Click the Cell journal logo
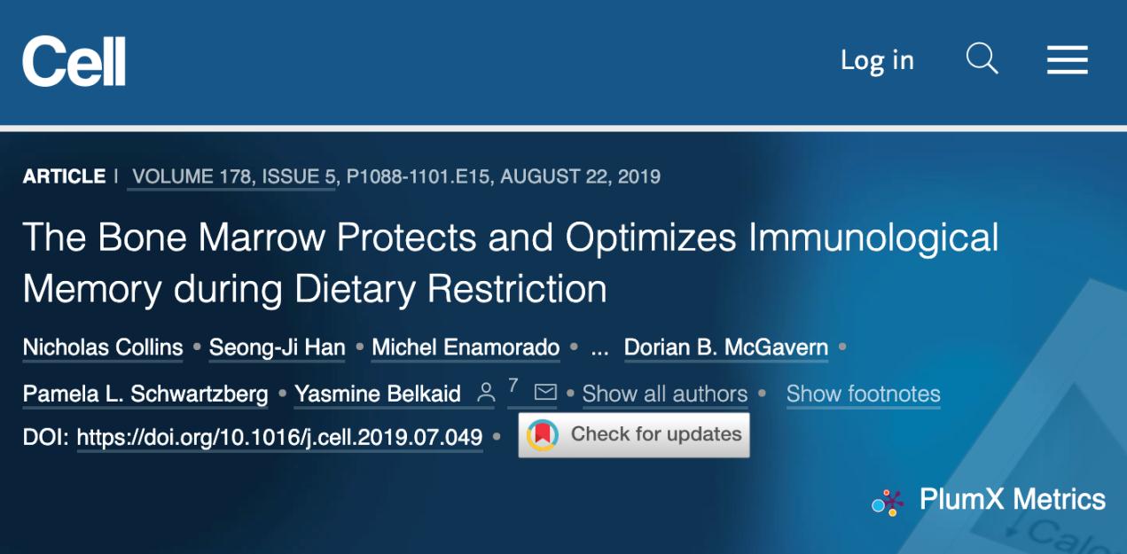coord(74,61)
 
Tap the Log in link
coord(877,61)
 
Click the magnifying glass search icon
coord(982,59)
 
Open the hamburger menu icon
coord(1067,60)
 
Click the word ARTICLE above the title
coord(65,176)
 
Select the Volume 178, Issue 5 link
coord(233,176)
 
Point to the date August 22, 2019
coord(580,176)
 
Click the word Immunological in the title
coord(873,238)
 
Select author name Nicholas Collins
coord(103,347)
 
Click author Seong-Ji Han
coord(278,347)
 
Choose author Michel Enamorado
coord(466,347)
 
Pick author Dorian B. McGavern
coord(726,347)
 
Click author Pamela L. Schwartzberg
coord(145,394)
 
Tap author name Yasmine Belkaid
coord(378,394)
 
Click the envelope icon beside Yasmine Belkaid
coord(545,392)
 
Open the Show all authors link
coord(665,394)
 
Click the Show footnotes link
coord(864,394)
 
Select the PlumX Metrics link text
coord(1013,499)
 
